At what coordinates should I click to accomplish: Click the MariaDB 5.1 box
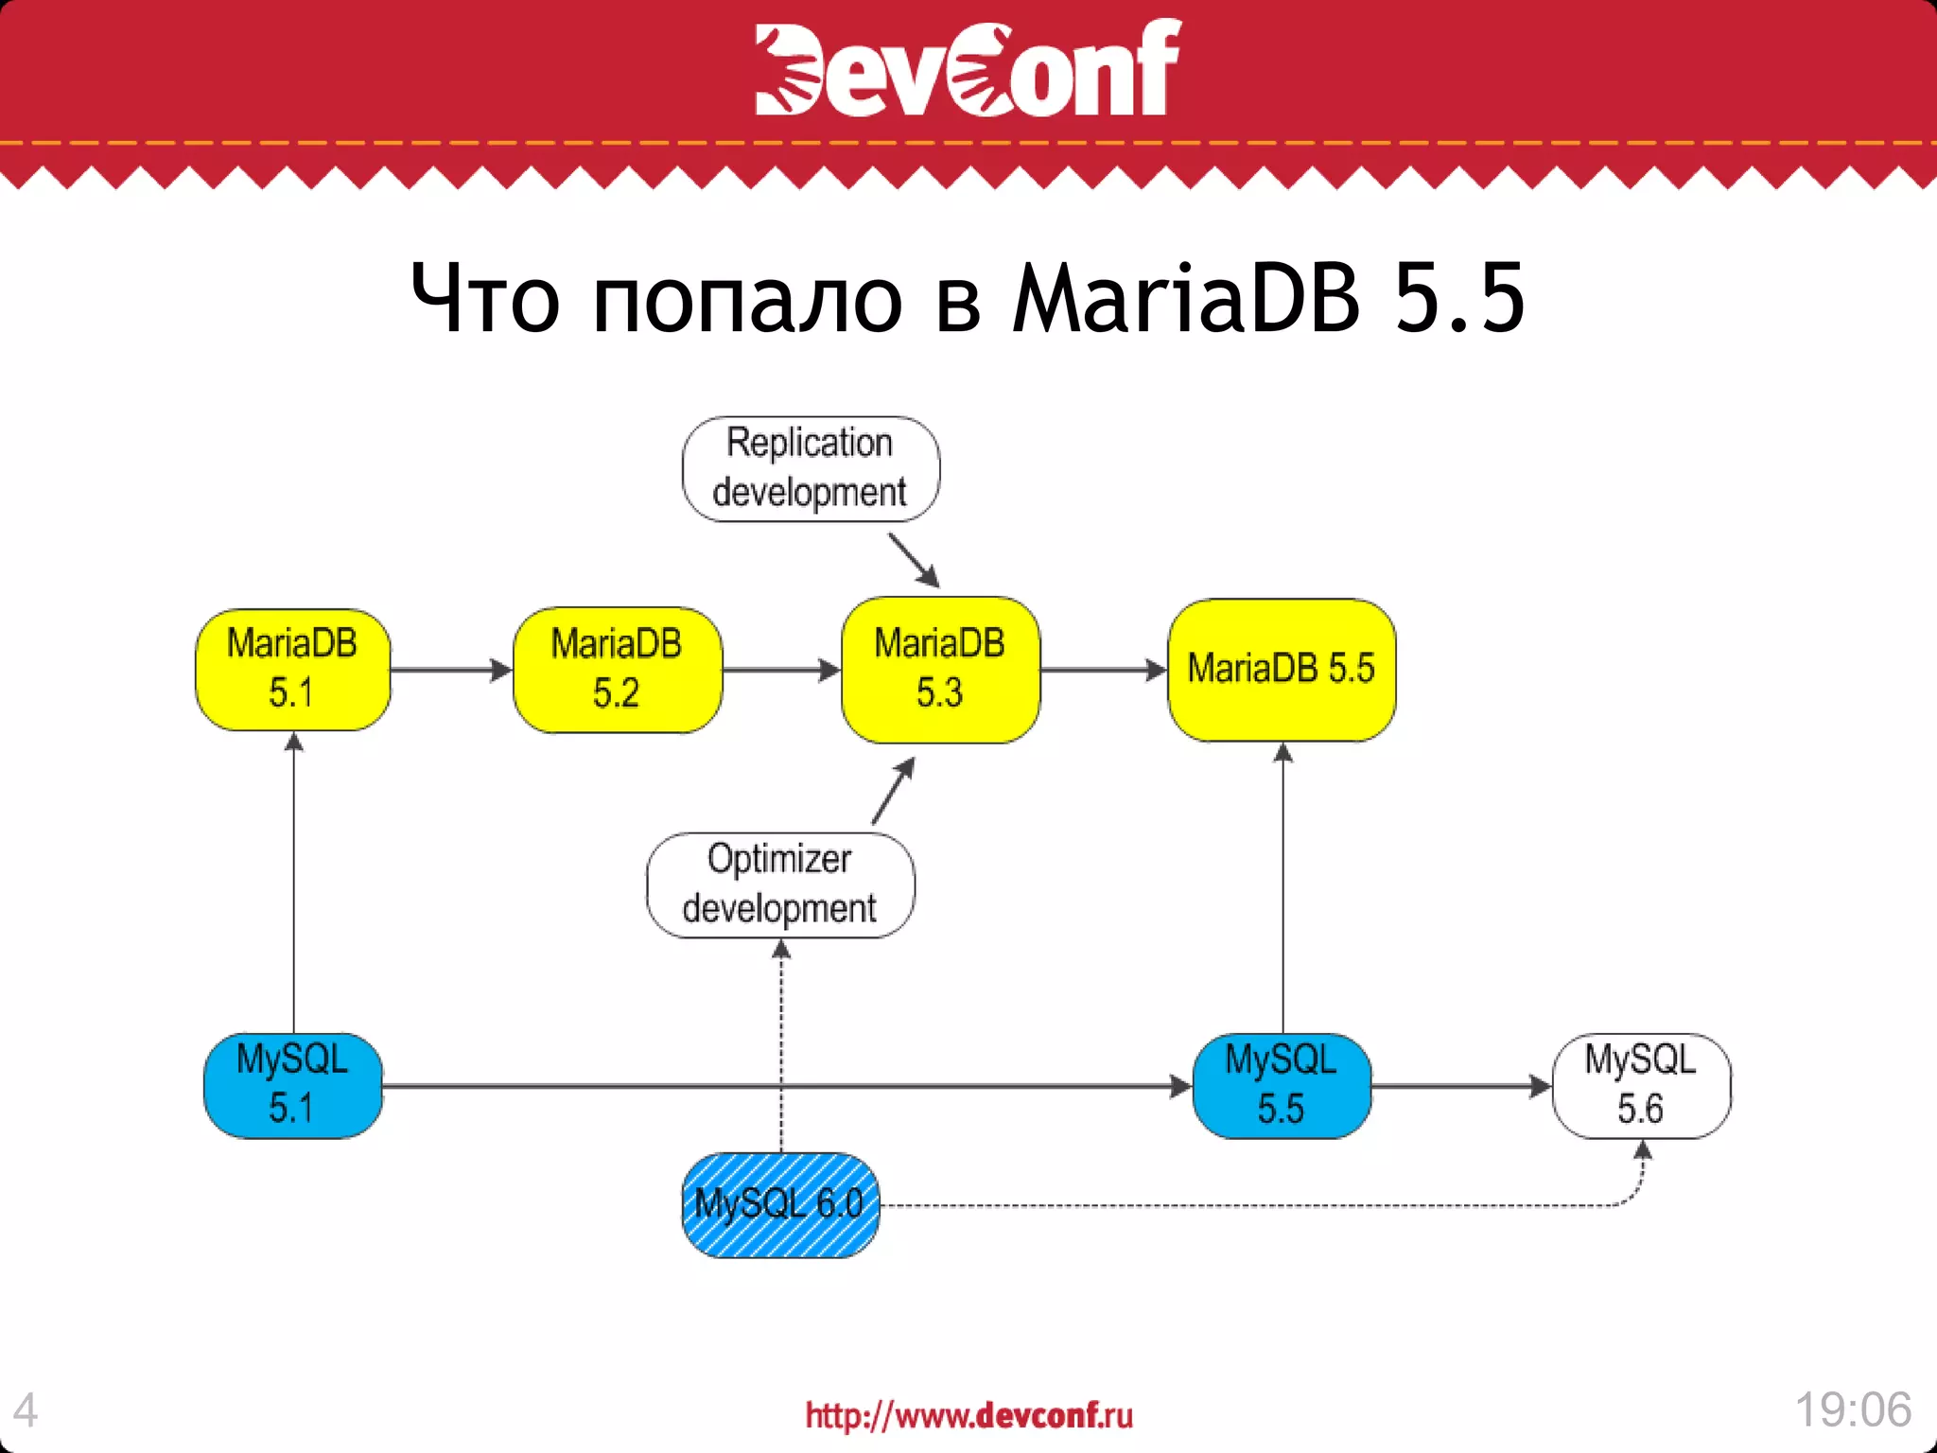click(x=292, y=670)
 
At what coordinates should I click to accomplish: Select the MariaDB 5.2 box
click(x=617, y=670)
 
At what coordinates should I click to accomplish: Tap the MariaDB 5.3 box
click(x=940, y=670)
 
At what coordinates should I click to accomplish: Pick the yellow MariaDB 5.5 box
click(x=1282, y=670)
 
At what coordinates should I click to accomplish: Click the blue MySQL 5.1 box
click(x=292, y=1085)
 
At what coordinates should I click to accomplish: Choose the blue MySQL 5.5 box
click(x=1282, y=1085)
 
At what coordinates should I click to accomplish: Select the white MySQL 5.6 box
click(x=1641, y=1085)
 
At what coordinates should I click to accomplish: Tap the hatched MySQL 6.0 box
click(x=780, y=1204)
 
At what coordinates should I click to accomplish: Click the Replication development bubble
click(x=811, y=468)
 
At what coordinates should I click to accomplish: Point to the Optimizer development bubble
click(x=780, y=884)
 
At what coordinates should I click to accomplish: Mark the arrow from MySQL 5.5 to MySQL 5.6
click(x=1461, y=1086)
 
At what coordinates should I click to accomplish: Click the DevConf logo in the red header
click(x=968, y=68)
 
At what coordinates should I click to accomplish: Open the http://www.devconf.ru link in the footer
click(x=968, y=1415)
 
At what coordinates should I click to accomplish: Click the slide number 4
click(x=26, y=1410)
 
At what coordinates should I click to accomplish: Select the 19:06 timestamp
click(x=1853, y=1409)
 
